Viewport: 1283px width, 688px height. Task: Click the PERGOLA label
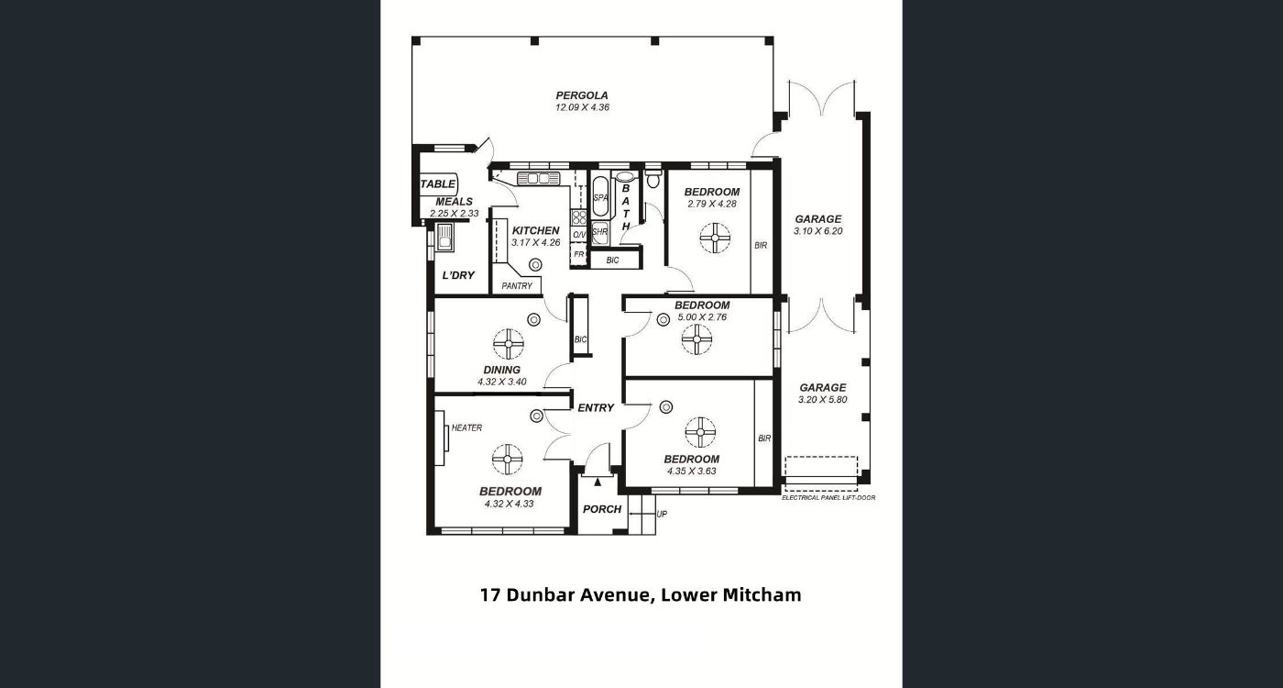coord(582,95)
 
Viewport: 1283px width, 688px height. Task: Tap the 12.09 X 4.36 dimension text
coord(582,107)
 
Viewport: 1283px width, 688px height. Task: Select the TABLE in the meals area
coord(438,184)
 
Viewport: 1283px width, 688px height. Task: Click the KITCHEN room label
coord(535,230)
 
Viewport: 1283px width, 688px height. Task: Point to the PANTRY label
coord(517,285)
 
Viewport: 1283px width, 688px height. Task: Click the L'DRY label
coord(458,275)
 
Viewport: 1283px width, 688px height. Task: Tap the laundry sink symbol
coord(444,238)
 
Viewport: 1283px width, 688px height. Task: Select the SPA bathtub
coord(599,196)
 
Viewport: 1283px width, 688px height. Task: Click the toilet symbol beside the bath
coord(652,178)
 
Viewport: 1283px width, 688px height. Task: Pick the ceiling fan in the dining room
coord(508,344)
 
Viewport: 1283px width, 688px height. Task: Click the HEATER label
coord(466,427)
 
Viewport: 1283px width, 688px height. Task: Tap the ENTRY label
coord(596,407)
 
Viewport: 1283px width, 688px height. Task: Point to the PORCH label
coord(602,509)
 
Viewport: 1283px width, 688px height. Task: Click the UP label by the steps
coord(662,515)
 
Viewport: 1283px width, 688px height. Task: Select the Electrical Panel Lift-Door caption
coord(828,497)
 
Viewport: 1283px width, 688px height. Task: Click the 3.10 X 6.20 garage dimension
coord(817,231)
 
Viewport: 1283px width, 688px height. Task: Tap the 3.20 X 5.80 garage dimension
coord(823,400)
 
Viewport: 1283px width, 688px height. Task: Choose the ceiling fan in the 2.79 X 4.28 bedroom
coord(716,238)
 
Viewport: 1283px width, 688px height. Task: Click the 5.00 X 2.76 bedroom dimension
coord(702,317)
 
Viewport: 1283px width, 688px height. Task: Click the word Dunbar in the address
coord(542,595)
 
